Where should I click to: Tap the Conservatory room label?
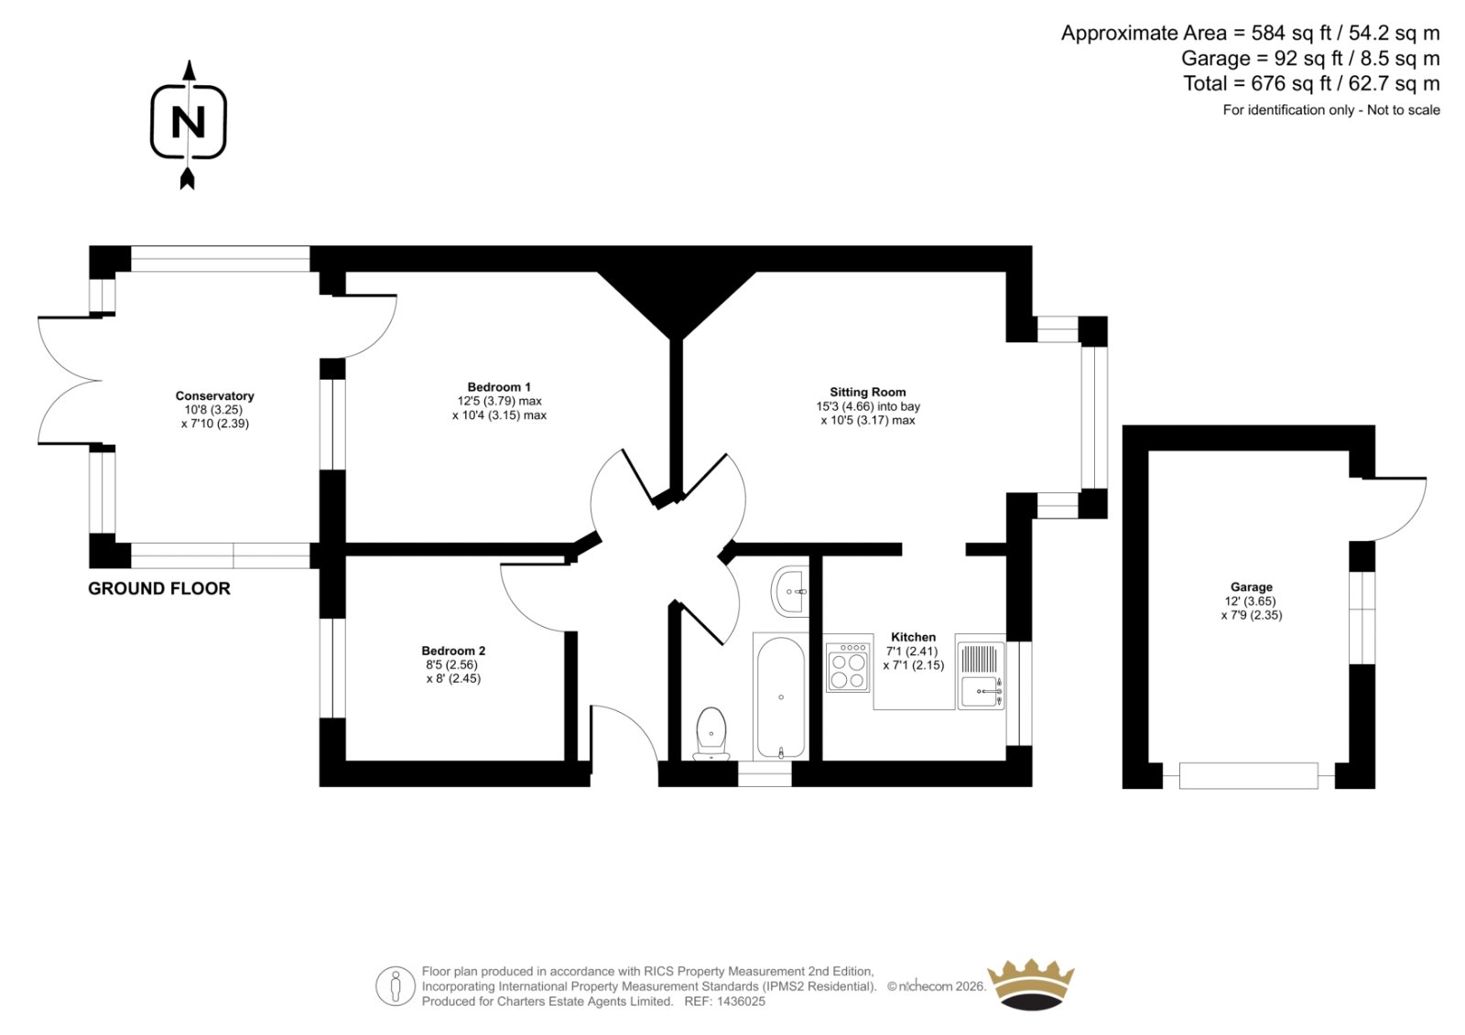(214, 395)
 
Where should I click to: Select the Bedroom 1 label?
(499, 387)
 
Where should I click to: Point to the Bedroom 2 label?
(453, 651)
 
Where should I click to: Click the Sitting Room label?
(868, 393)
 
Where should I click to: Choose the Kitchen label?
(913, 637)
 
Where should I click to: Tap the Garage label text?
(1251, 588)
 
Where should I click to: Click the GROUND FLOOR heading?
(159, 588)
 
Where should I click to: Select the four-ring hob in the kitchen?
(848, 667)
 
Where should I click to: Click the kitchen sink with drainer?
(981, 672)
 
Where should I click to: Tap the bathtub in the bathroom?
(780, 696)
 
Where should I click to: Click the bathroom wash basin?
(790, 591)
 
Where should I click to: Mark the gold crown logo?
(1031, 985)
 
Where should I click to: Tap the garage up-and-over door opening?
(1249, 776)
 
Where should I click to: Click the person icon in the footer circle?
(395, 986)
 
